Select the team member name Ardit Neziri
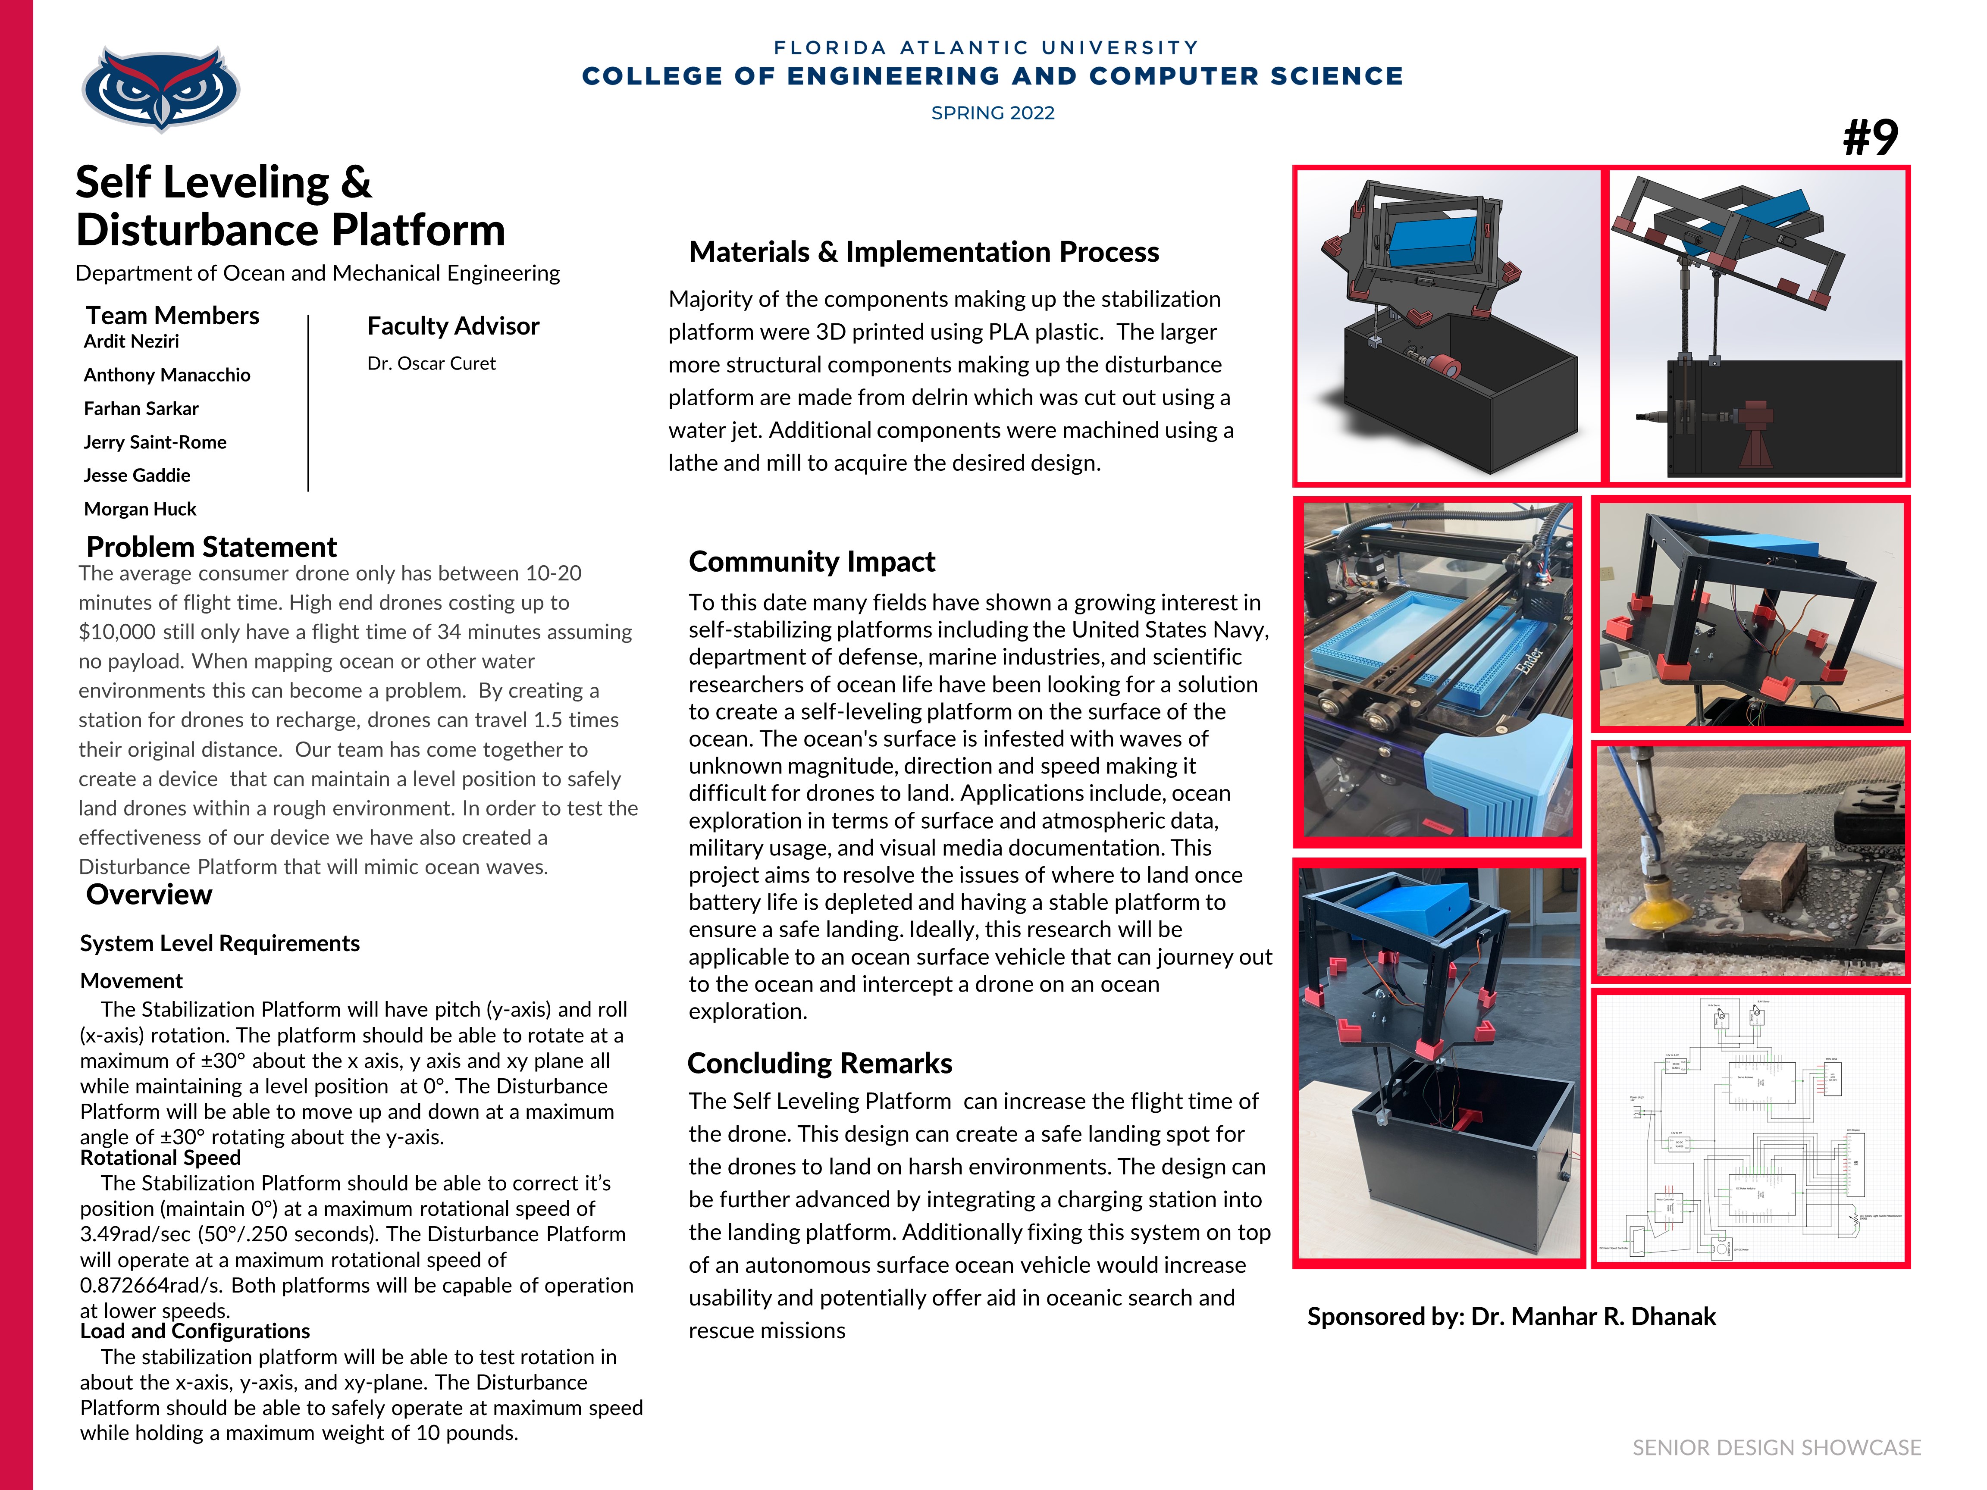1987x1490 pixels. coord(131,341)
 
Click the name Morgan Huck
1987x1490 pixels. coord(140,509)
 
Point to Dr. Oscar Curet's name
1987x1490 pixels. coord(431,364)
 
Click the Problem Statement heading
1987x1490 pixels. coord(211,547)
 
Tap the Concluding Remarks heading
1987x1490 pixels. coord(819,1063)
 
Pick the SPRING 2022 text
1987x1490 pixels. coord(993,113)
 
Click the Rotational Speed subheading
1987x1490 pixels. coord(161,1158)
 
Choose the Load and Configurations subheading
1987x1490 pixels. coord(195,1331)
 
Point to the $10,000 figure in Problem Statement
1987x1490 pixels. coord(117,632)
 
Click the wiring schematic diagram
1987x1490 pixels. coord(1750,1129)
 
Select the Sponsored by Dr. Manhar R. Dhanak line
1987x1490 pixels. coord(1511,1317)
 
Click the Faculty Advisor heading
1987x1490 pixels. coord(453,326)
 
